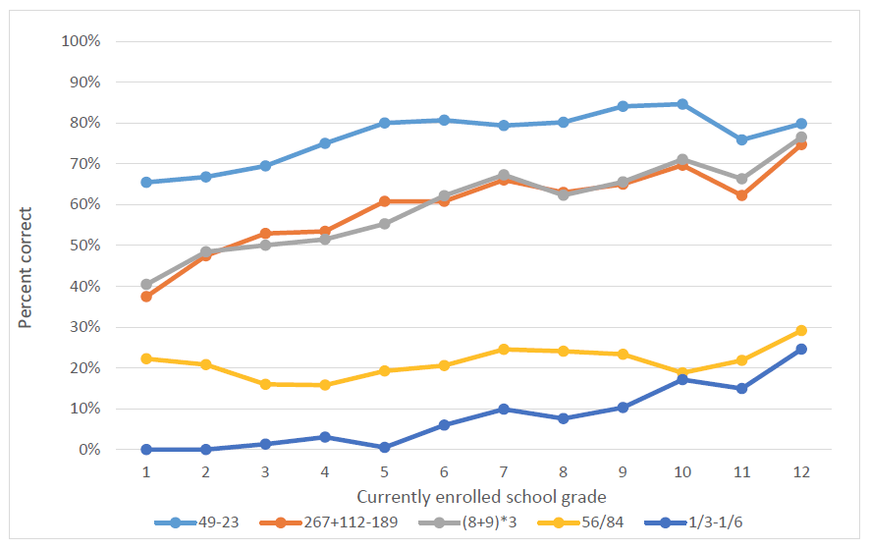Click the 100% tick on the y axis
click(82, 41)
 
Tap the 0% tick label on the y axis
click(89, 450)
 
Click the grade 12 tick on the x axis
click(800, 471)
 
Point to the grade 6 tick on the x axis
click(444, 471)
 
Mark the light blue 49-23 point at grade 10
click(682, 104)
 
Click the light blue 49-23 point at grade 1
click(146, 182)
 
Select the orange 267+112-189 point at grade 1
click(146, 297)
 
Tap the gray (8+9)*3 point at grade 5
click(384, 224)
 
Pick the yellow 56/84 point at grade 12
click(800, 331)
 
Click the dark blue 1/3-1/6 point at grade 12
click(800, 349)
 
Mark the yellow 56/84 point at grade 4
click(325, 385)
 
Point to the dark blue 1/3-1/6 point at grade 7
click(504, 409)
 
